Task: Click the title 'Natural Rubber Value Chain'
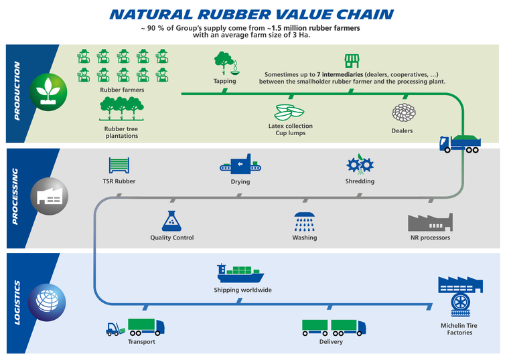click(x=251, y=15)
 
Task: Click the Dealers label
click(x=402, y=131)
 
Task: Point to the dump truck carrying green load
click(x=459, y=144)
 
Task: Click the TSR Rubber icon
click(x=119, y=165)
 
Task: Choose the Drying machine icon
click(x=240, y=165)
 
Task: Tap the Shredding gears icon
click(x=360, y=165)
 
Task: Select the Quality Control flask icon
click(x=172, y=221)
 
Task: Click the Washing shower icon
click(x=305, y=221)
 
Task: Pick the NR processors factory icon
click(x=429, y=222)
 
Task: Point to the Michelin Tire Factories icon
click(x=459, y=295)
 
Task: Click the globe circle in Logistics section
click(x=51, y=300)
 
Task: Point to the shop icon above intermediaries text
click(x=352, y=62)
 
